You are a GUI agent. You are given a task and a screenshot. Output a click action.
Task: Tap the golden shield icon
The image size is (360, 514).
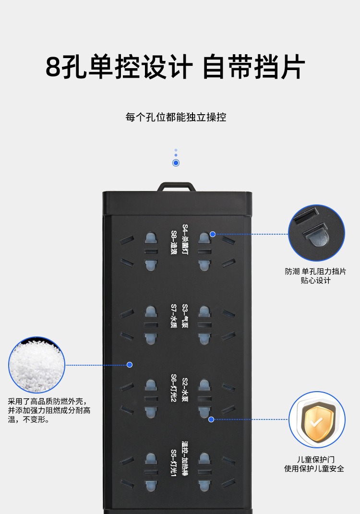point(316,420)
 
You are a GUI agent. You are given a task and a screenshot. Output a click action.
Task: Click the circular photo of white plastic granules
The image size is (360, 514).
point(36,365)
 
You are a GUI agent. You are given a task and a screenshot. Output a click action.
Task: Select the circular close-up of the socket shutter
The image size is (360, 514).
point(316,233)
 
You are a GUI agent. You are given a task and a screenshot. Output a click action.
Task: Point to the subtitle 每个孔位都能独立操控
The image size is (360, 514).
point(176,117)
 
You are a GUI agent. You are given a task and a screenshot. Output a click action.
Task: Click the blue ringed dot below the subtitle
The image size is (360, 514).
point(176,163)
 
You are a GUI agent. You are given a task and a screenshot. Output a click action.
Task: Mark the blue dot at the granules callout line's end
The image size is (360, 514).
point(129,365)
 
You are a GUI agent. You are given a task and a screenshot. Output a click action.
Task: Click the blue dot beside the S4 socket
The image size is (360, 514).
point(213,234)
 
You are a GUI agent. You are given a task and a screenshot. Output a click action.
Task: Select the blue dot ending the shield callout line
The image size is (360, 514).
point(211,419)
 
